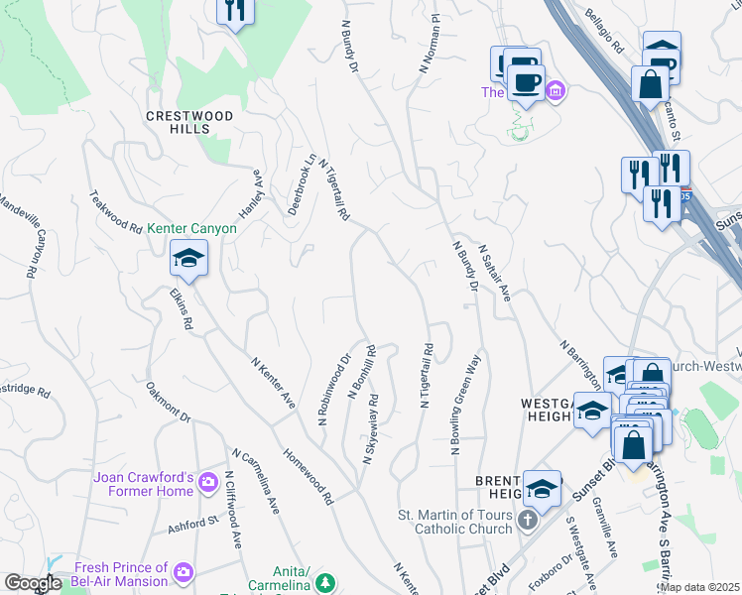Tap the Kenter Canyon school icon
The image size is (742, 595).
187,261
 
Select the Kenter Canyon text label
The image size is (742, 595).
192,228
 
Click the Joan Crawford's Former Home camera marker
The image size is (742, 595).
208,483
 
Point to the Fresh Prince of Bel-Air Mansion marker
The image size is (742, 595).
183,571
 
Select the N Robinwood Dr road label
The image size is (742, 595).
335,391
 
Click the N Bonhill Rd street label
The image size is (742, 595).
362,372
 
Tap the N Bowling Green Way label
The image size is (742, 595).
466,404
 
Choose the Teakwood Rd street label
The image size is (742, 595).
116,211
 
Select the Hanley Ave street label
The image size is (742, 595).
250,193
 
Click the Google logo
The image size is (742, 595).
32,583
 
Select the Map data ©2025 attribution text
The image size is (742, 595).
698,587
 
